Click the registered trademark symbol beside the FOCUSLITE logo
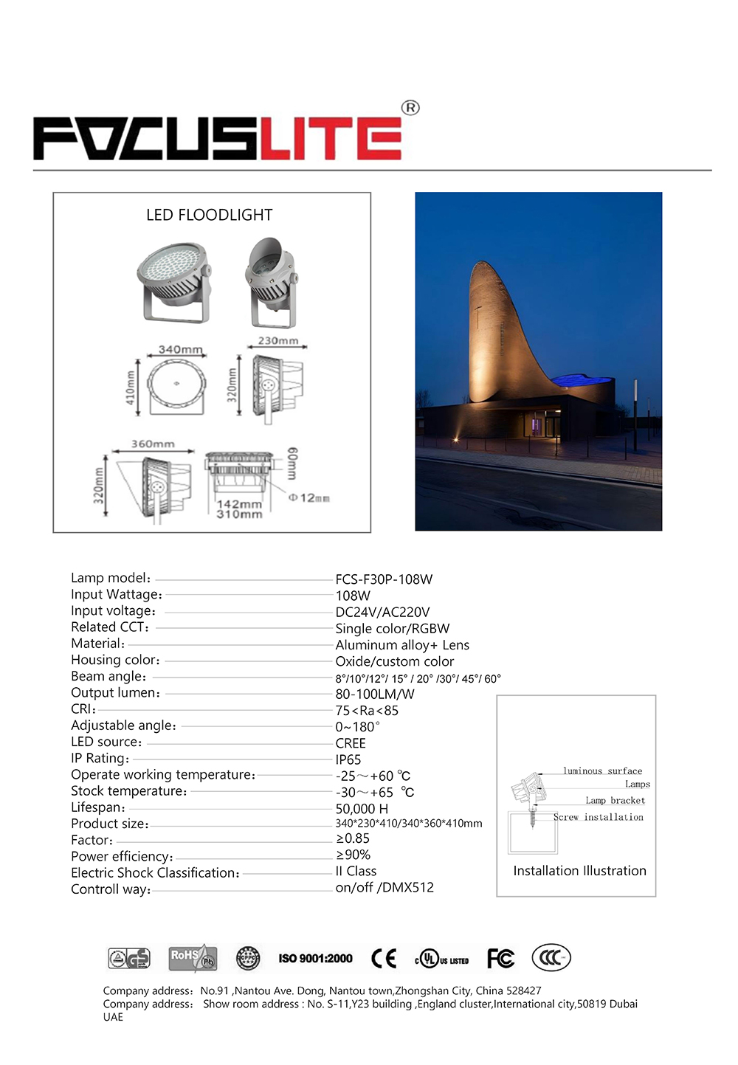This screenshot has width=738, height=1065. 410,108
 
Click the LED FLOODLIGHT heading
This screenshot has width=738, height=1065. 209,215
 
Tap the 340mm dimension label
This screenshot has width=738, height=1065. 180,349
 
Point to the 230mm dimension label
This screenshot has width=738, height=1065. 278,340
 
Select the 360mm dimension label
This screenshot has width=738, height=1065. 153,444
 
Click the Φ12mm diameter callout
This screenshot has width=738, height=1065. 309,498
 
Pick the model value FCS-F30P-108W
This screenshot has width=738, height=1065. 384,579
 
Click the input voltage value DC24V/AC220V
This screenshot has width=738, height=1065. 382,612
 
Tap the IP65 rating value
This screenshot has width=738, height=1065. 348,759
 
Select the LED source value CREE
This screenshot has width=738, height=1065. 351,743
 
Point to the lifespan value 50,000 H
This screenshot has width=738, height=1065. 362,809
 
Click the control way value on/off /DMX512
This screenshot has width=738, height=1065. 384,887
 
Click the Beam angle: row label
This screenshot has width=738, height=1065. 108,677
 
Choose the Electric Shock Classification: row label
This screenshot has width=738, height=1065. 155,873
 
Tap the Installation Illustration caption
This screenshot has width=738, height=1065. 579,871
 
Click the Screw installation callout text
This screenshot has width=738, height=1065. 599,817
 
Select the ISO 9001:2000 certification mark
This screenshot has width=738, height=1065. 315,959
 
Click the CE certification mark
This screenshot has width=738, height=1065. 384,959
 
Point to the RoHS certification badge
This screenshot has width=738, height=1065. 192,958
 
